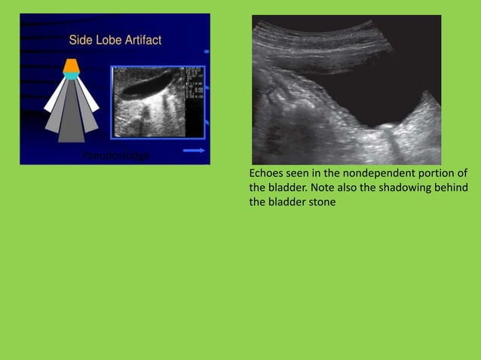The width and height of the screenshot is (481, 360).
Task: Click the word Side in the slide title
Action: pos(79,40)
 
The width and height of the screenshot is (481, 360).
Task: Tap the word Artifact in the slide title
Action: pos(142,40)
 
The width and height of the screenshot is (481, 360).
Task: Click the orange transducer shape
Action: pos(71,66)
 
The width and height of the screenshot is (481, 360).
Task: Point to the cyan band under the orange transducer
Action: pos(71,75)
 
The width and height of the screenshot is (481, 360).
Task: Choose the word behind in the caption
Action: pos(453,188)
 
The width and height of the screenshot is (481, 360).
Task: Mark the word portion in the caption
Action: pos(427,174)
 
